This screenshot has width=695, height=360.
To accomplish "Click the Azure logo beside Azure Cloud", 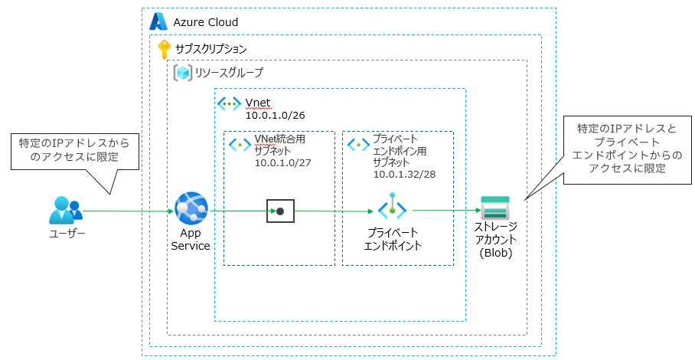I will tap(158, 21).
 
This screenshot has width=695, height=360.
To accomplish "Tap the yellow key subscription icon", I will tap(164, 49).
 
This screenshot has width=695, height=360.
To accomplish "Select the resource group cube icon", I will tap(182, 73).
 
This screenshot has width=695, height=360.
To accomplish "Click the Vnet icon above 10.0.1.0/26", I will tap(229, 103).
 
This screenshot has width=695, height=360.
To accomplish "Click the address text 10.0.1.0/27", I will tap(281, 162).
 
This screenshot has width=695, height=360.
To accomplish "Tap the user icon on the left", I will tap(65, 211).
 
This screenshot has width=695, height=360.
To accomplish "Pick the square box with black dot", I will tap(280, 211).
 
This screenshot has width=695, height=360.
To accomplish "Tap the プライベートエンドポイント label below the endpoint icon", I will tap(393, 238).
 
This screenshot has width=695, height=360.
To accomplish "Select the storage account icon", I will tap(494, 208).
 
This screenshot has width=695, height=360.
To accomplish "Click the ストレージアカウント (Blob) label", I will tap(495, 240).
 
